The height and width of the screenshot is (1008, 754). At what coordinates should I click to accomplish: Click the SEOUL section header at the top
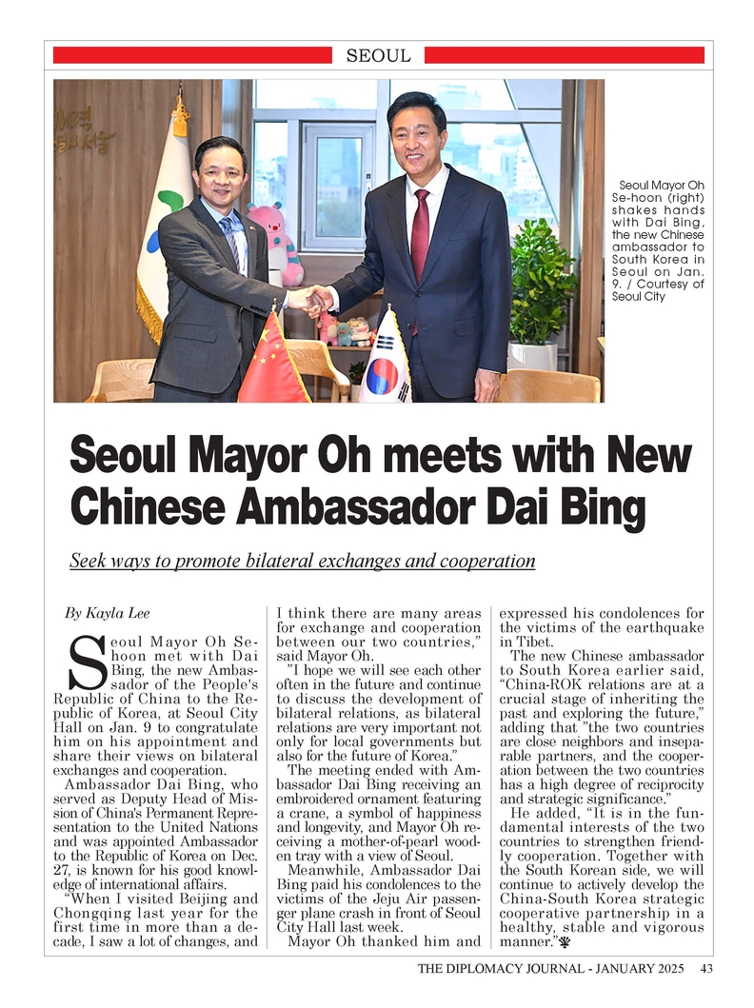pyautogui.click(x=378, y=55)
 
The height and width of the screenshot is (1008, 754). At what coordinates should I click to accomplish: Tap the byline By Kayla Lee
pyautogui.click(x=106, y=612)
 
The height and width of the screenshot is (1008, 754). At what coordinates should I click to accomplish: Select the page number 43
pyautogui.click(x=706, y=969)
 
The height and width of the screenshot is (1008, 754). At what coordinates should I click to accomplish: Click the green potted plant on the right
pyautogui.click(x=539, y=286)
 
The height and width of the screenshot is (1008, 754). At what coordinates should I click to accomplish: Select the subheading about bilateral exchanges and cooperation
pyautogui.click(x=303, y=561)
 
